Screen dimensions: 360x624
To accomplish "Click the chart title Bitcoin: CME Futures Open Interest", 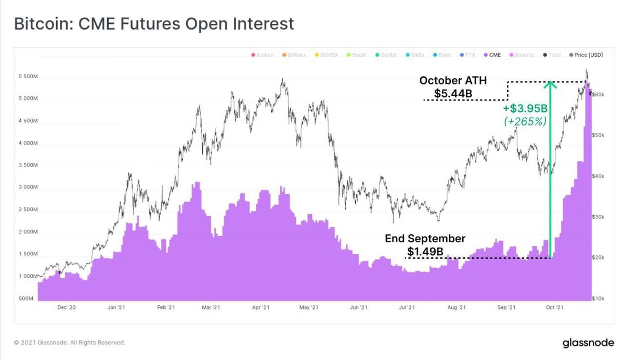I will [x=154, y=23].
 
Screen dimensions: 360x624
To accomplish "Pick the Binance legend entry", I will [x=524, y=55].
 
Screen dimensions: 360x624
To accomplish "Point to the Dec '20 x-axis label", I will [x=67, y=308].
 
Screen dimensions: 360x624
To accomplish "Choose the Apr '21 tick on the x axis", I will [x=261, y=308].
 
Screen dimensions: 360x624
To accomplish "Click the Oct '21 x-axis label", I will [x=554, y=308].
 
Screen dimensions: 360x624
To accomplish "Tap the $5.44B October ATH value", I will [x=453, y=94].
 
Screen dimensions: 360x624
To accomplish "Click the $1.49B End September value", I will [x=425, y=252].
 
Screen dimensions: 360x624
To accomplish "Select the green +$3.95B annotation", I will [x=525, y=108].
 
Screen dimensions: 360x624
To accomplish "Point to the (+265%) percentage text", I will [x=525, y=121].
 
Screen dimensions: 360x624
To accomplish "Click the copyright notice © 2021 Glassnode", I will [x=69, y=343].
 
